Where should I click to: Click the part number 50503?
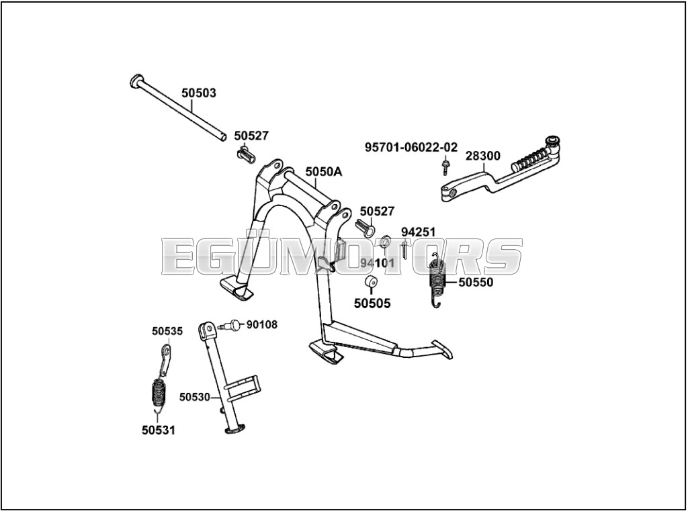[198, 93]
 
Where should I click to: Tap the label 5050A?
[323, 172]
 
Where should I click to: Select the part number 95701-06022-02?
[411, 146]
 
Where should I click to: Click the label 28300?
[483, 156]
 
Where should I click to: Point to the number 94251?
[419, 232]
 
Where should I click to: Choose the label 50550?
[476, 283]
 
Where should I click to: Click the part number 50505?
[372, 304]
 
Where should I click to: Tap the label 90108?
[262, 325]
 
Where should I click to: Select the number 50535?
[167, 331]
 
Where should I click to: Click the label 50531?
[159, 430]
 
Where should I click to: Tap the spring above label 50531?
[159, 392]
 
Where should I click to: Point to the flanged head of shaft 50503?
[136, 81]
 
